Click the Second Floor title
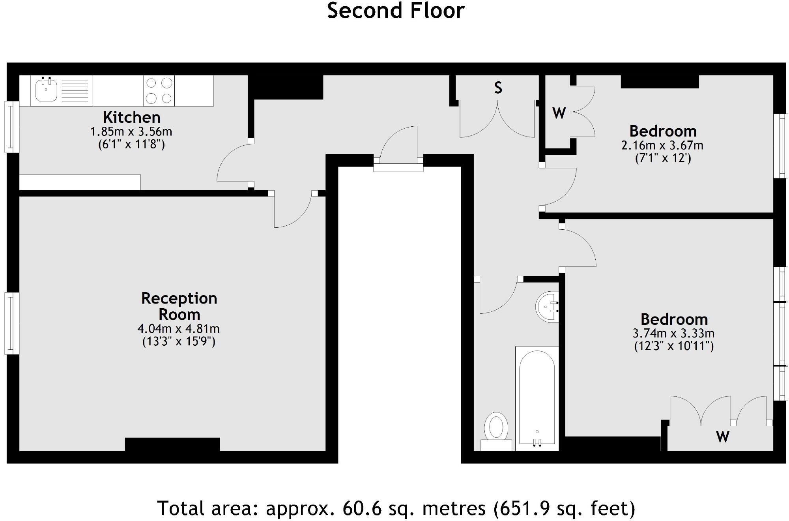click(x=396, y=10)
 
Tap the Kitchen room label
click(x=132, y=117)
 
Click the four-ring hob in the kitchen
click(x=159, y=91)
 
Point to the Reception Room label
click(x=179, y=306)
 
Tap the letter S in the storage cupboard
click(x=498, y=88)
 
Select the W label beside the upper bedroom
click(x=559, y=113)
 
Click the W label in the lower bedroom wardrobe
click(x=723, y=437)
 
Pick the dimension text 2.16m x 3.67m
click(x=662, y=145)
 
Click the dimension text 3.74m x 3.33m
click(x=674, y=333)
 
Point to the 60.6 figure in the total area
click(x=362, y=508)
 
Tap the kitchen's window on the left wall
click(x=12, y=127)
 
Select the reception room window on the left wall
click(x=12, y=323)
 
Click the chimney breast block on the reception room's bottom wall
click(x=172, y=444)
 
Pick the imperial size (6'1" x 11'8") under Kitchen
click(x=131, y=144)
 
